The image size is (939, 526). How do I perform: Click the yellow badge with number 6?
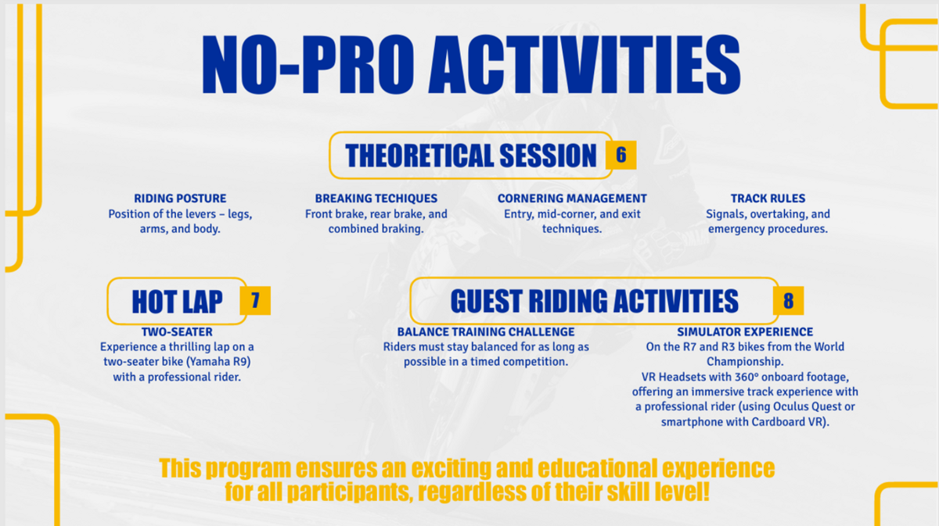click(x=621, y=155)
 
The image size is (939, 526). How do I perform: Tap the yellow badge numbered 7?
click(x=255, y=300)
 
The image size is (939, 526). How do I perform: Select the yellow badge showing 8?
click(x=788, y=300)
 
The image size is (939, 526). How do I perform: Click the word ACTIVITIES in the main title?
click(x=585, y=64)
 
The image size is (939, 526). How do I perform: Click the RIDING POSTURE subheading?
click(x=180, y=198)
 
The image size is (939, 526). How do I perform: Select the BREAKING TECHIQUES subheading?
click(x=376, y=198)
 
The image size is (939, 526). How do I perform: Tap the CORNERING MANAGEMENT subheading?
click(x=572, y=198)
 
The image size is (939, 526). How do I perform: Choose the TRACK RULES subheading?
click(x=768, y=198)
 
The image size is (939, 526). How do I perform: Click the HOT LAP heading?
click(x=177, y=302)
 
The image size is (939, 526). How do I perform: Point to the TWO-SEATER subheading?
click(x=177, y=331)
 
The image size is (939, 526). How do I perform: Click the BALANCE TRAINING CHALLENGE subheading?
click(x=486, y=331)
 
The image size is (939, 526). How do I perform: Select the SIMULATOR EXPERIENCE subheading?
click(x=745, y=331)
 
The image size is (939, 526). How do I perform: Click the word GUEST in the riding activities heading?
click(x=486, y=301)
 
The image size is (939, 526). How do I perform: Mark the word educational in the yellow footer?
click(x=597, y=468)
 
